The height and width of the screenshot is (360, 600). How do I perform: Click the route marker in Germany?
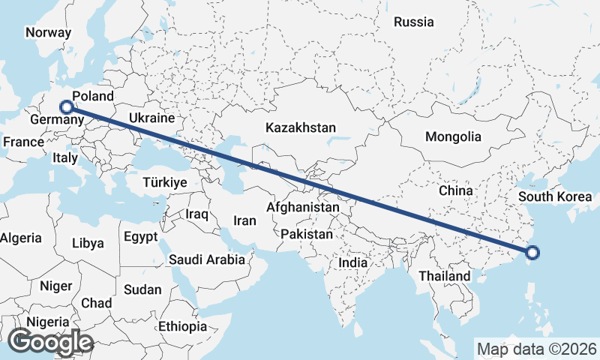pos(67,107)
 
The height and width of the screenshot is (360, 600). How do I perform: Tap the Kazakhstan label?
pos(300,128)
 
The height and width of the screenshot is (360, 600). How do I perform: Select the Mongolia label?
pos(452,137)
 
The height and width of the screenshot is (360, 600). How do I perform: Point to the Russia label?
pos(414,22)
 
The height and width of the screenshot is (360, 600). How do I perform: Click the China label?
pos(456,190)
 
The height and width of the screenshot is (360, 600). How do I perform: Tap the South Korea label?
pos(556,197)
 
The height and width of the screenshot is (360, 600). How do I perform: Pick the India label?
pos(352,263)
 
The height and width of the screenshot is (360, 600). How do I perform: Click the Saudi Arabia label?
pos(207,260)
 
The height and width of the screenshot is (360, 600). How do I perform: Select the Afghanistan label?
pos(304,206)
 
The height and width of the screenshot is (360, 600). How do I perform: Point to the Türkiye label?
pos(165,182)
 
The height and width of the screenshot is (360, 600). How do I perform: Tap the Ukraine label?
pos(151,118)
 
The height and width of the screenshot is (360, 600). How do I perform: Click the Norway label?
pos(48,32)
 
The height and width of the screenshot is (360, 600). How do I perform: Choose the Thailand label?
pos(445,276)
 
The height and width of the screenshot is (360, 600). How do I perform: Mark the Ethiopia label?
pos(182,326)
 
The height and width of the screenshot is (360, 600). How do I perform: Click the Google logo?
pos(50,342)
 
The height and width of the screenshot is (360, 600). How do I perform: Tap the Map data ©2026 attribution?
pos(537,349)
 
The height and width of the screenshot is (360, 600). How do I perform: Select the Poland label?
pos(93,96)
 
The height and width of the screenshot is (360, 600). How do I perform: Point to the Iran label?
pos(244,220)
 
